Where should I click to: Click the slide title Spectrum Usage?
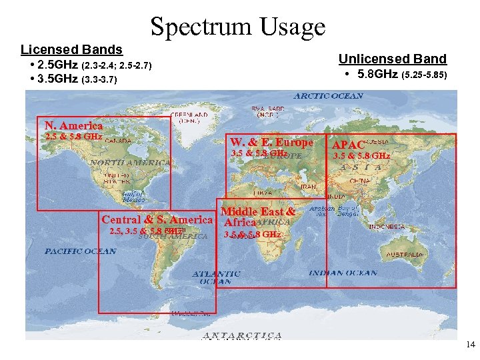click(238, 27)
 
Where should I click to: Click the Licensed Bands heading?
click(71, 49)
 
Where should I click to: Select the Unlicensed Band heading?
click(393, 59)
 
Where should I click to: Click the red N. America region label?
click(73, 125)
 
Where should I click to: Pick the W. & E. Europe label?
click(271, 142)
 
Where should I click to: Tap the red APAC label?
click(349, 145)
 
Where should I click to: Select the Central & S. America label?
click(157, 219)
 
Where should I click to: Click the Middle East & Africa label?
click(257, 217)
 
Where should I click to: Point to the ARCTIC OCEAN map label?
click(329, 95)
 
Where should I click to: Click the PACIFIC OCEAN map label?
click(80, 251)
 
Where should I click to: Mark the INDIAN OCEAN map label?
click(343, 273)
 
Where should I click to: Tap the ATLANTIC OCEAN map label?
click(217, 277)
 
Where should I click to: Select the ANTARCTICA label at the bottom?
click(241, 335)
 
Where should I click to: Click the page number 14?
click(470, 345)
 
